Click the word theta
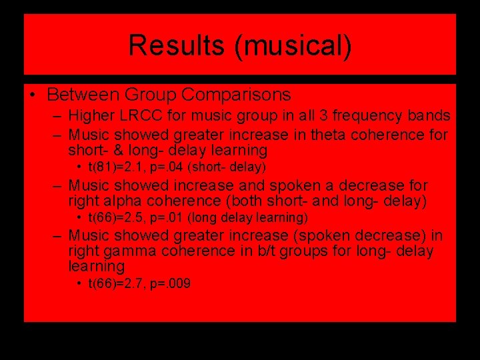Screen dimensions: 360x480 click(313, 135)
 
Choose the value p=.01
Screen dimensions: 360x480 click(161, 217)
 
